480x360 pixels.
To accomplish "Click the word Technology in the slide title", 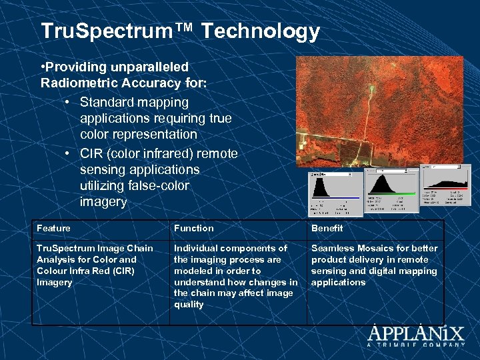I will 260,31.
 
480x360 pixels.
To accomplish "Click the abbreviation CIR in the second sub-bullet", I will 92,154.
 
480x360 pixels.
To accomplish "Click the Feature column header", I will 54,229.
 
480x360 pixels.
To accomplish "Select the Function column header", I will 194,229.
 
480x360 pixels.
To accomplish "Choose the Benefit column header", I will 327,229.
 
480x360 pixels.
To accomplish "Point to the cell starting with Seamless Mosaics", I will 374,265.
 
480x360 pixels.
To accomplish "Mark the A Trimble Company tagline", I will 416,345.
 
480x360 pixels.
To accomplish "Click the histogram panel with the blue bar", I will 335,193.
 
